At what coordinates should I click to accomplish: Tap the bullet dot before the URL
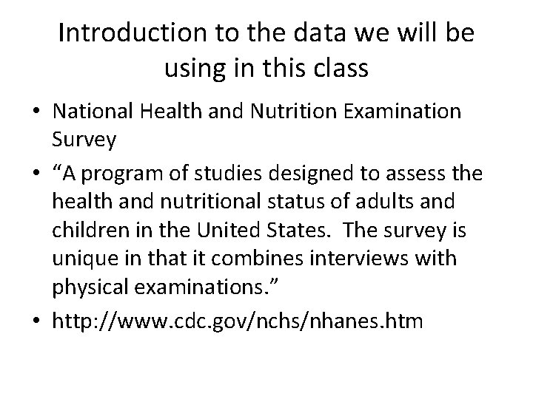[36, 321]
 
